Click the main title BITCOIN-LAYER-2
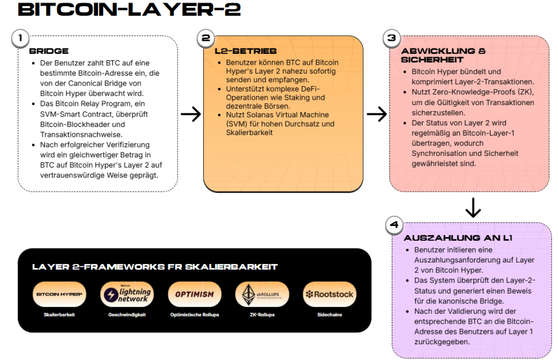[122, 9]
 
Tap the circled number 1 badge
[20, 38]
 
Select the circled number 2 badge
[205, 38]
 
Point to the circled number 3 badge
[391, 38]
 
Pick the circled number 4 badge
[394, 224]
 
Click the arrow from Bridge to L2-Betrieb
[191, 114]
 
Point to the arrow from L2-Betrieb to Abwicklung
[377, 114]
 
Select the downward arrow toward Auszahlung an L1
[473, 206]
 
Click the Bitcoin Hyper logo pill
[59, 295]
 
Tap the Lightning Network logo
[127, 295]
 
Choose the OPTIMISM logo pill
[195, 295]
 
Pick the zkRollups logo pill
[262, 295]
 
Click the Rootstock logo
[330, 295]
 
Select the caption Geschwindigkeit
[127, 315]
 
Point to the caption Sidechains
[330, 315]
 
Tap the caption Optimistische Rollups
[195, 315]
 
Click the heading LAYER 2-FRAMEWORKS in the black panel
[155, 267]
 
